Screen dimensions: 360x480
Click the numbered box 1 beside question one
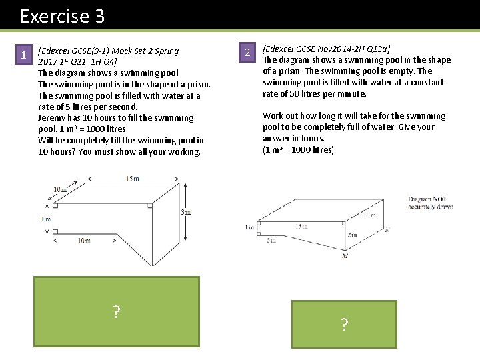point(23,55)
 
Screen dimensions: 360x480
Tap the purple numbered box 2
point(247,53)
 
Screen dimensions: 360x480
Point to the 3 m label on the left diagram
point(187,212)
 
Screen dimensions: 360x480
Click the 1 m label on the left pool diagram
point(45,219)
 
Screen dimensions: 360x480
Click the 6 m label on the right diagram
point(271,240)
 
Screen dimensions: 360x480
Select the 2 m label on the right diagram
point(351,235)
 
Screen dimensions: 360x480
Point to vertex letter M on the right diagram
point(345,255)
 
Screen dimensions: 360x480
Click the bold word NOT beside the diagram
point(440,199)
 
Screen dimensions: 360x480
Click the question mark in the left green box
point(117,311)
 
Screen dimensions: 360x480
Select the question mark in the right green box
point(344,325)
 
